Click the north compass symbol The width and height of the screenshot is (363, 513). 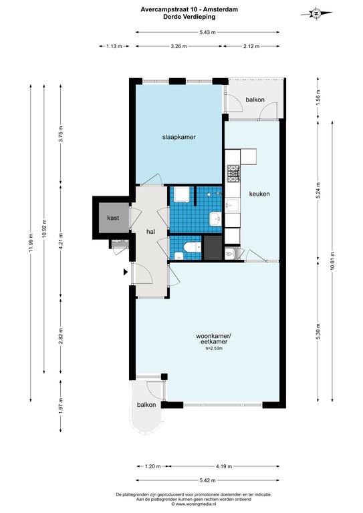pyautogui.click(x=316, y=14)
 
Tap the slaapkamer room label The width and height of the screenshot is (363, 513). pyautogui.click(x=179, y=137)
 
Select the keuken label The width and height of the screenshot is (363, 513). pyautogui.click(x=259, y=194)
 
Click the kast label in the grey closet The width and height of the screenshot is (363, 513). pyautogui.click(x=113, y=218)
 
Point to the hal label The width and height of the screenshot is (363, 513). pyautogui.click(x=150, y=232)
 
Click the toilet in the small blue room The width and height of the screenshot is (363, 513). pyautogui.click(x=192, y=247)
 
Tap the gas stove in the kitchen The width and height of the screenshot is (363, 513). pyautogui.click(x=233, y=174)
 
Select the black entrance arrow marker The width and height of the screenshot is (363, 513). pyautogui.click(x=126, y=272)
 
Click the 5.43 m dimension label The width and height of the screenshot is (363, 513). pyautogui.click(x=207, y=32)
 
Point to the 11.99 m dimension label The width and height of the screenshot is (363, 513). pyautogui.click(x=31, y=242)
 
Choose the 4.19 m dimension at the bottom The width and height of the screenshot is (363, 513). pyautogui.click(x=224, y=466)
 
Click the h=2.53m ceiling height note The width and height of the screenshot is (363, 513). pyautogui.click(x=214, y=349)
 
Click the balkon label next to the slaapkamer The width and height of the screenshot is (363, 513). pyautogui.click(x=255, y=100)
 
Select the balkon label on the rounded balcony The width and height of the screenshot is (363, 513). pyautogui.click(x=146, y=405)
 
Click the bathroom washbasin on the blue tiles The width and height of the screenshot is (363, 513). pyautogui.click(x=216, y=218)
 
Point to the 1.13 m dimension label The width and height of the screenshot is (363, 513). pyautogui.click(x=114, y=47)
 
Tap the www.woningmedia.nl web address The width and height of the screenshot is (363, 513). pyautogui.click(x=194, y=504)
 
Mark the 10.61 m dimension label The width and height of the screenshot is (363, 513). pyautogui.click(x=332, y=261)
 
